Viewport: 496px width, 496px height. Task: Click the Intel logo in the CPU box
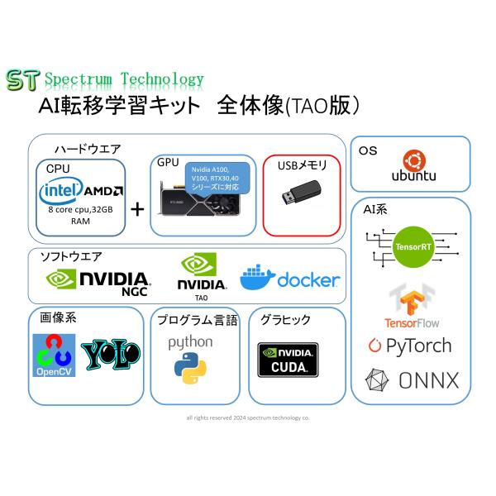64,192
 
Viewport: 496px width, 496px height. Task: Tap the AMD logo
107,191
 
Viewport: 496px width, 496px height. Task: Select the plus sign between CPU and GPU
137,206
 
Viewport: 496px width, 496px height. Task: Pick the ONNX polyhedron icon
378,381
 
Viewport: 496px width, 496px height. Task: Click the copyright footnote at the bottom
248,417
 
